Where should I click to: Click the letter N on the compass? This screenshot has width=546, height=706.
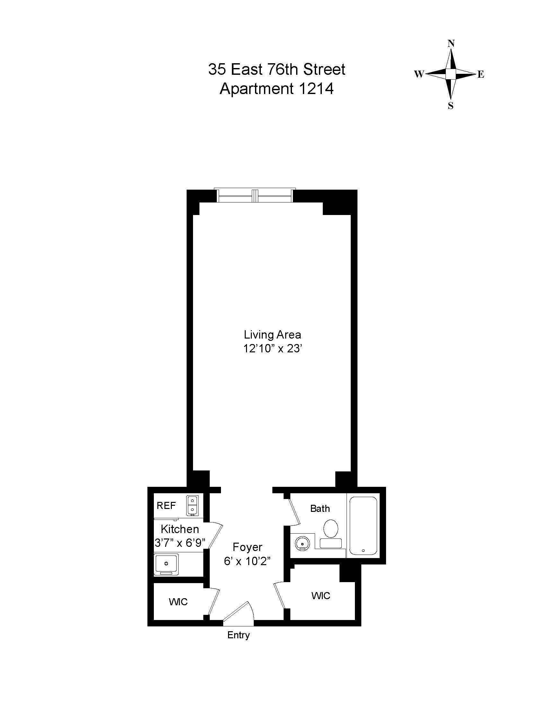pyautogui.click(x=451, y=44)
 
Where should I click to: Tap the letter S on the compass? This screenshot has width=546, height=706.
pyautogui.click(x=451, y=106)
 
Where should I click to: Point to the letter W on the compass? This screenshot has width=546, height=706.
pyautogui.click(x=419, y=74)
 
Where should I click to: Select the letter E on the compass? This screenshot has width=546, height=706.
pyautogui.click(x=481, y=75)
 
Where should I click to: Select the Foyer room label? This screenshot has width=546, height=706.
pyautogui.click(x=247, y=547)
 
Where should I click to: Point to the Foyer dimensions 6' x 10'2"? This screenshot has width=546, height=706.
pyautogui.click(x=247, y=562)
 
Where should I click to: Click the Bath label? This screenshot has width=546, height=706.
pyautogui.click(x=320, y=509)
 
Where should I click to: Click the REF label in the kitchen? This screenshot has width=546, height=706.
pyautogui.click(x=166, y=505)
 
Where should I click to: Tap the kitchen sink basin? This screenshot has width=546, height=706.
pyautogui.click(x=166, y=564)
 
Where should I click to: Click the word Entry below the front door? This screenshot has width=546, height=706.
pyautogui.click(x=239, y=635)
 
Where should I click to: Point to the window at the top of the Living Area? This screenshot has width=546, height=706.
pyautogui.click(x=256, y=195)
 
